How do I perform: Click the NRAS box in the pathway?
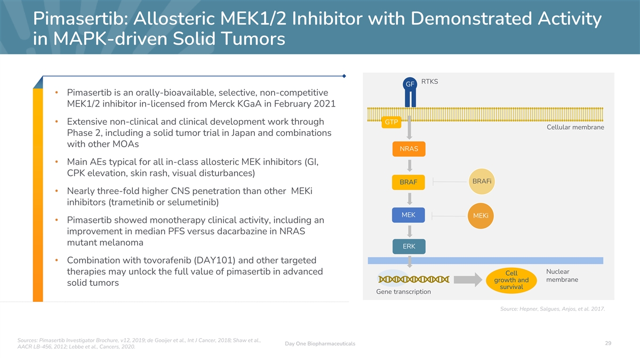(x=409, y=149)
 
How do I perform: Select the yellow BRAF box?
(x=409, y=182)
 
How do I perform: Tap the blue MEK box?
(x=409, y=215)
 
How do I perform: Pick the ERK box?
(x=409, y=246)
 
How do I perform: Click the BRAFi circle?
(x=482, y=181)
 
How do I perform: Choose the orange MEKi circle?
(x=481, y=215)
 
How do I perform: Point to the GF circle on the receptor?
(x=410, y=84)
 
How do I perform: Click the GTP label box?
(x=391, y=122)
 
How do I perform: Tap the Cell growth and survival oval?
(x=511, y=281)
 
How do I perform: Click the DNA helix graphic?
(x=414, y=279)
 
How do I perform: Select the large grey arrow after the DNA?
(x=468, y=279)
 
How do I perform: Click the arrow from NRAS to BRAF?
(x=410, y=165)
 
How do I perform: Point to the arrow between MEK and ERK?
(x=410, y=231)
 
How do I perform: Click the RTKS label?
(x=429, y=82)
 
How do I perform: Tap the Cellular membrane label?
(x=575, y=127)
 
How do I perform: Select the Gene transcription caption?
(x=403, y=292)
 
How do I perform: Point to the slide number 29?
(x=608, y=343)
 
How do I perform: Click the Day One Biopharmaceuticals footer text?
(x=320, y=343)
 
